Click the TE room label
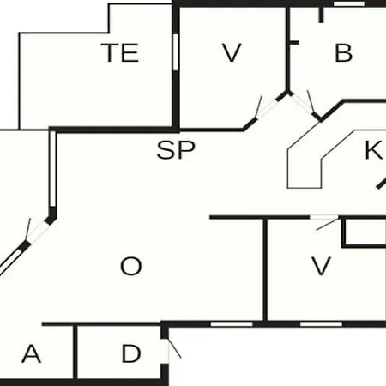click(x=120, y=52)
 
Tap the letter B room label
click(x=343, y=53)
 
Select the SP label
click(x=176, y=150)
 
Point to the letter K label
click(x=373, y=150)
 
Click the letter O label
click(x=131, y=266)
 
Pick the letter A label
click(x=32, y=353)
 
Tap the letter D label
click(x=131, y=353)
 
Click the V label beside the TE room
click(x=232, y=53)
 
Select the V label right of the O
click(x=321, y=266)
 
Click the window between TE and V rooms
click(x=176, y=52)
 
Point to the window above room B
click(x=349, y=3)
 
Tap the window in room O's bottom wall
click(x=232, y=324)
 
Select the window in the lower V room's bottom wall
click(x=321, y=324)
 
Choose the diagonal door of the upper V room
click(x=265, y=109)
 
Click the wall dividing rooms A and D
click(x=75, y=352)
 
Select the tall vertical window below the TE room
click(x=52, y=169)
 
